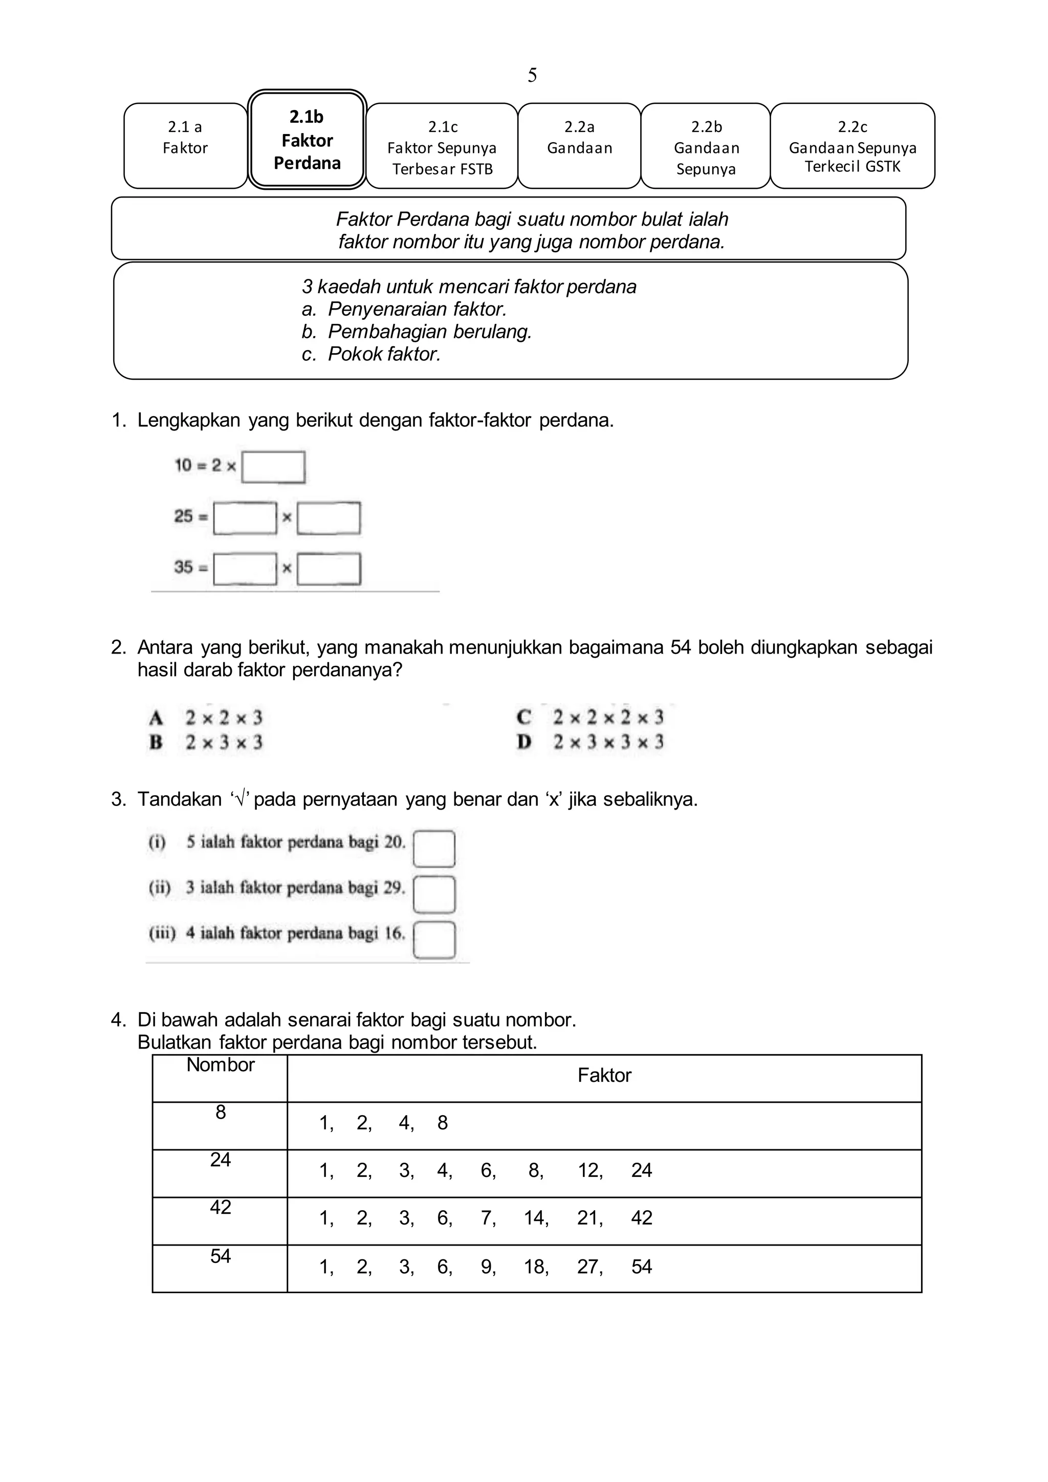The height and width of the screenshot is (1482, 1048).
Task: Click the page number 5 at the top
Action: tap(532, 76)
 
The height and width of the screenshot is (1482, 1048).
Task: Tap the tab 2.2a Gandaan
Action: tap(579, 146)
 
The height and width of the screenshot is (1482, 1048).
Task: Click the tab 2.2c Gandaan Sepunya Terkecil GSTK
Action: tap(852, 146)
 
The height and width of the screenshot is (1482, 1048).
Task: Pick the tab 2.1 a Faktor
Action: tap(185, 146)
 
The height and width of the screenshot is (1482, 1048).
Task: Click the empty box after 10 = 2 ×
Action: tap(274, 467)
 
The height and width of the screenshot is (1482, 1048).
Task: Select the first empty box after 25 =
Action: tap(245, 518)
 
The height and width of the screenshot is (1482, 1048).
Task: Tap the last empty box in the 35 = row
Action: tap(329, 569)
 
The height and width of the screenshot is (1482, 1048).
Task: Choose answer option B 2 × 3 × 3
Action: tap(207, 743)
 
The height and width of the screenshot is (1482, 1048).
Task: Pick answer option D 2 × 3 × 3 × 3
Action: tap(591, 743)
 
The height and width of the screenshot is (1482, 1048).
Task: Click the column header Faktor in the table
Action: tap(604, 1075)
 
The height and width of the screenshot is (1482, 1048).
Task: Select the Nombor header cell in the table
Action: tap(220, 1065)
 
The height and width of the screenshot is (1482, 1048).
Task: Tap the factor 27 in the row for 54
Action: tap(588, 1267)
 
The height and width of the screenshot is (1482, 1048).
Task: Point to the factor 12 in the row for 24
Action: tap(588, 1170)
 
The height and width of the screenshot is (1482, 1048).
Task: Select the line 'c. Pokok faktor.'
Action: tap(371, 354)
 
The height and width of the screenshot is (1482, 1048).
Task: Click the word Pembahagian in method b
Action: tap(378, 331)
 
